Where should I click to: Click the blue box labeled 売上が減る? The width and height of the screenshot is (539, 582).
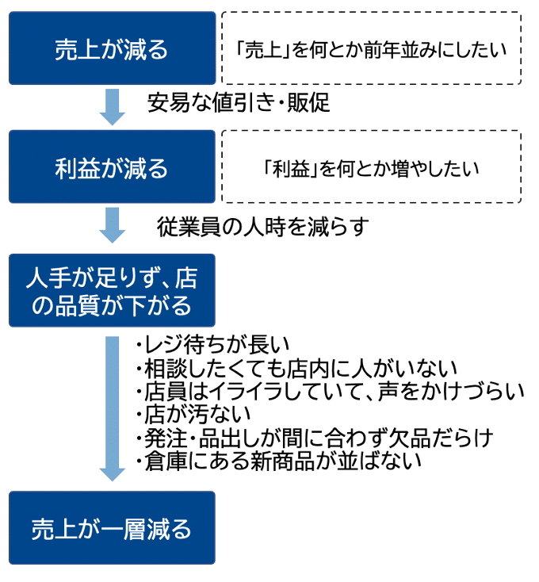tap(112, 48)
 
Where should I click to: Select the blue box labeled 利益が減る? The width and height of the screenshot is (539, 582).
tap(112, 167)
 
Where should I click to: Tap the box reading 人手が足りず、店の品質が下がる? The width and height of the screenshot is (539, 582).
tap(112, 290)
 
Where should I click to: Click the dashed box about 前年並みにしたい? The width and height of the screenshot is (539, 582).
tap(371, 48)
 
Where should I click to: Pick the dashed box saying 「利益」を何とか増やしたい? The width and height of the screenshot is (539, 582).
tap(371, 167)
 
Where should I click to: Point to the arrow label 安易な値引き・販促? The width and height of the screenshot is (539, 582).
tap(238, 104)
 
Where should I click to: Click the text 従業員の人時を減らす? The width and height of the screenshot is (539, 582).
tap(263, 228)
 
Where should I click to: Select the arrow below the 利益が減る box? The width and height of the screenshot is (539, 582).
tap(112, 226)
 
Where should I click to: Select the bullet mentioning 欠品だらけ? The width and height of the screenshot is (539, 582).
tap(314, 437)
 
